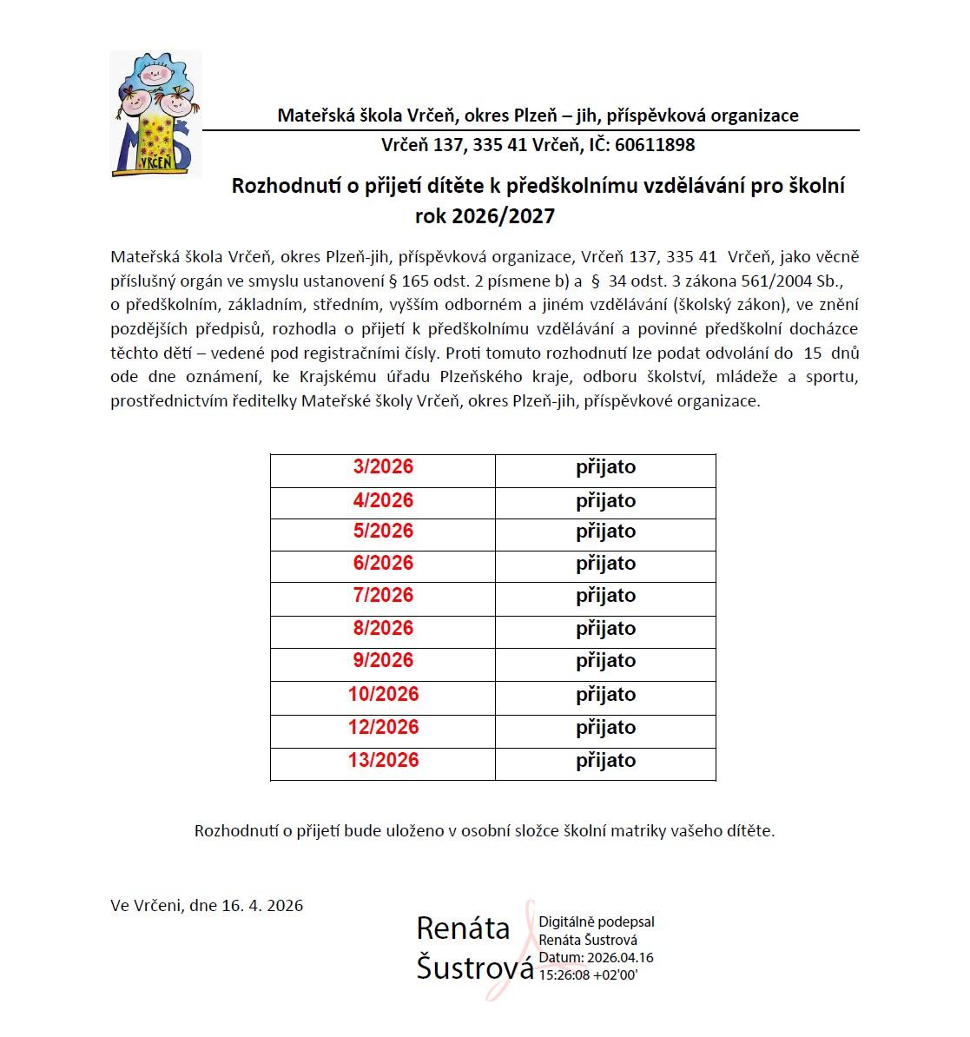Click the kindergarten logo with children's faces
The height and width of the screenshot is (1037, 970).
click(155, 114)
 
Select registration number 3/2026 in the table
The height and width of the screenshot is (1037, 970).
click(383, 467)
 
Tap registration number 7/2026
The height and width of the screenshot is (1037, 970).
click(383, 596)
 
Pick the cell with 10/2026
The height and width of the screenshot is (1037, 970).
click(383, 695)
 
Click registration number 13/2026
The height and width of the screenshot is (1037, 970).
click(383, 761)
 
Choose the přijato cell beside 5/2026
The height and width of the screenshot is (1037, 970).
click(605, 532)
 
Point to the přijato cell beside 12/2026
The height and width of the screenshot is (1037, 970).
click(605, 728)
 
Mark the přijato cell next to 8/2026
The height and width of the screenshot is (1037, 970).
click(605, 629)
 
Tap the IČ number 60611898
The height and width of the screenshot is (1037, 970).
click(655, 145)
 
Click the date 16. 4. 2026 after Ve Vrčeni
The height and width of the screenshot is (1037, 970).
click(262, 906)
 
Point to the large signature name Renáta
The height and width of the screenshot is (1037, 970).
click(463, 928)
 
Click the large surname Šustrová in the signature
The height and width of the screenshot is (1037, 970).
click(474, 967)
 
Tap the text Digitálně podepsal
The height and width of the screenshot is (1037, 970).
click(597, 922)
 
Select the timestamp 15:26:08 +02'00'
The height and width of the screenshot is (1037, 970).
click(588, 975)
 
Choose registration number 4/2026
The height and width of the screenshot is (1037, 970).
click(383, 501)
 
